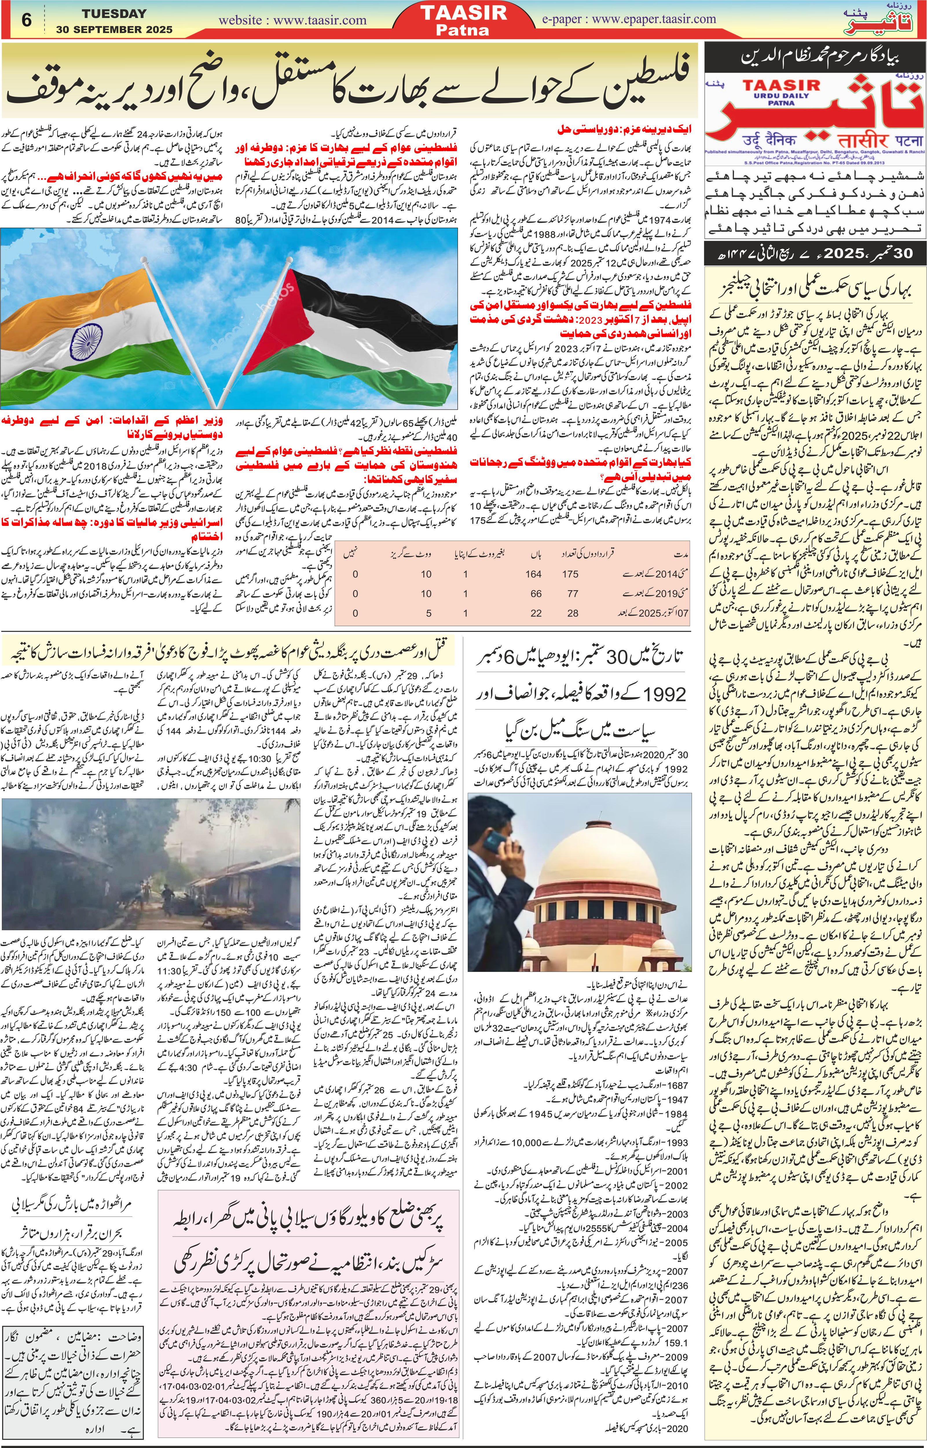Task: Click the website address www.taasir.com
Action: (x=293, y=20)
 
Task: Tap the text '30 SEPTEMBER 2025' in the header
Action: (x=114, y=29)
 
